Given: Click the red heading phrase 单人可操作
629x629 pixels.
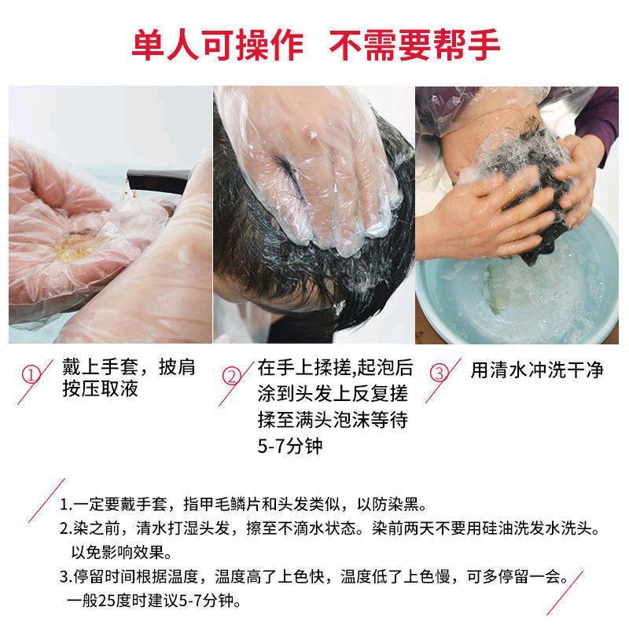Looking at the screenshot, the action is point(218,45).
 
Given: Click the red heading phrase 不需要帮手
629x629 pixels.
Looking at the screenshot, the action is point(414,45).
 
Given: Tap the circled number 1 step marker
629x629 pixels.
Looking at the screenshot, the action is point(31,376).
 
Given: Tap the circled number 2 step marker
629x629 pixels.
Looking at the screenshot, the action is point(231,377).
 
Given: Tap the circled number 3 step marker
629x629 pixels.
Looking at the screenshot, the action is point(439,373).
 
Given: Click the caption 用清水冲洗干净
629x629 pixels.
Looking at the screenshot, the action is point(537,370).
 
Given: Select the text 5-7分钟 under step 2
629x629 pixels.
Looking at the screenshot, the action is point(289,446).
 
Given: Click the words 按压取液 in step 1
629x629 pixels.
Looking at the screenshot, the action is point(101,388).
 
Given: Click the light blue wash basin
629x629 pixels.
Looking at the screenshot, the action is point(517,289).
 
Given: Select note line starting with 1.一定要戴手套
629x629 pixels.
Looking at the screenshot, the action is point(244,505).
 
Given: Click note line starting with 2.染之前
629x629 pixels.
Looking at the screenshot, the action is point(329,528).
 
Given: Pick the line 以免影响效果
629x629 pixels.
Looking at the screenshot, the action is point(122,553).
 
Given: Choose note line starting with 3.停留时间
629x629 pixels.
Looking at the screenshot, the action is point(314,577).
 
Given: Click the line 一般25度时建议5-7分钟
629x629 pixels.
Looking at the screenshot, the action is point(154,601).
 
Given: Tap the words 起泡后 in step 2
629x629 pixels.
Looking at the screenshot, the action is point(385,367).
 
